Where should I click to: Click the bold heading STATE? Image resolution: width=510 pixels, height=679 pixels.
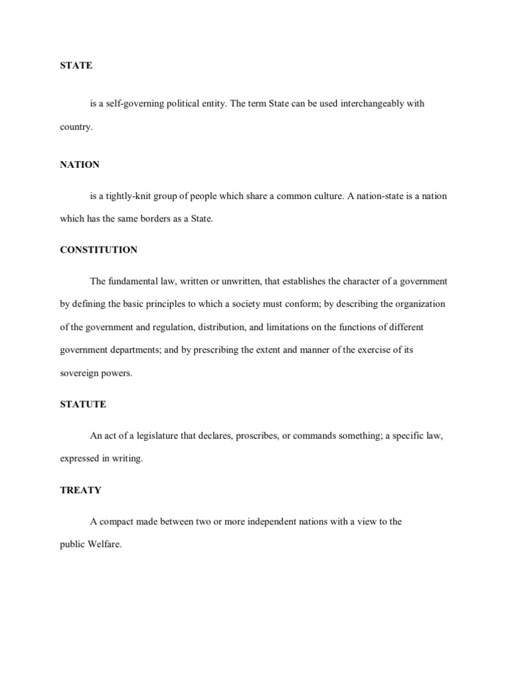[76, 66]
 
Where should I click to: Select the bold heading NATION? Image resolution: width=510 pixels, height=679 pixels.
[80, 164]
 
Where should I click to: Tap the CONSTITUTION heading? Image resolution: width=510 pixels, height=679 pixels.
[99, 250]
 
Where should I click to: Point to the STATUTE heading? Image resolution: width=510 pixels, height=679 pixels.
[83, 404]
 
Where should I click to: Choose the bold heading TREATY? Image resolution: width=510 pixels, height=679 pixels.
[80, 490]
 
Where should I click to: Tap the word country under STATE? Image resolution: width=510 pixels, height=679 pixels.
[76, 127]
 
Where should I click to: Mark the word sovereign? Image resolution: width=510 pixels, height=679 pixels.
[79, 373]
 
